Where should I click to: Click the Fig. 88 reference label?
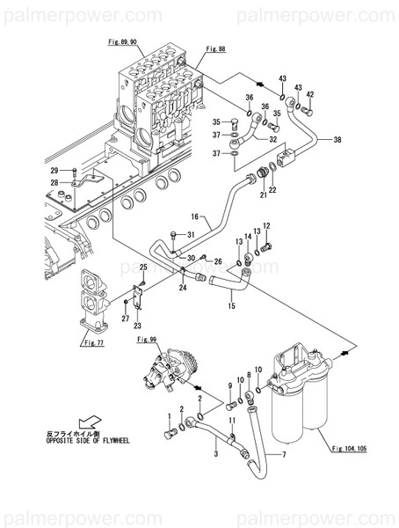tap(214, 50)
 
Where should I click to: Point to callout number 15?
tap(232, 306)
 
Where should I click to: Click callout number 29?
tap(54, 170)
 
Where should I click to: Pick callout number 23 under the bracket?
tap(136, 326)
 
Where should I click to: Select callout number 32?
tap(273, 139)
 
